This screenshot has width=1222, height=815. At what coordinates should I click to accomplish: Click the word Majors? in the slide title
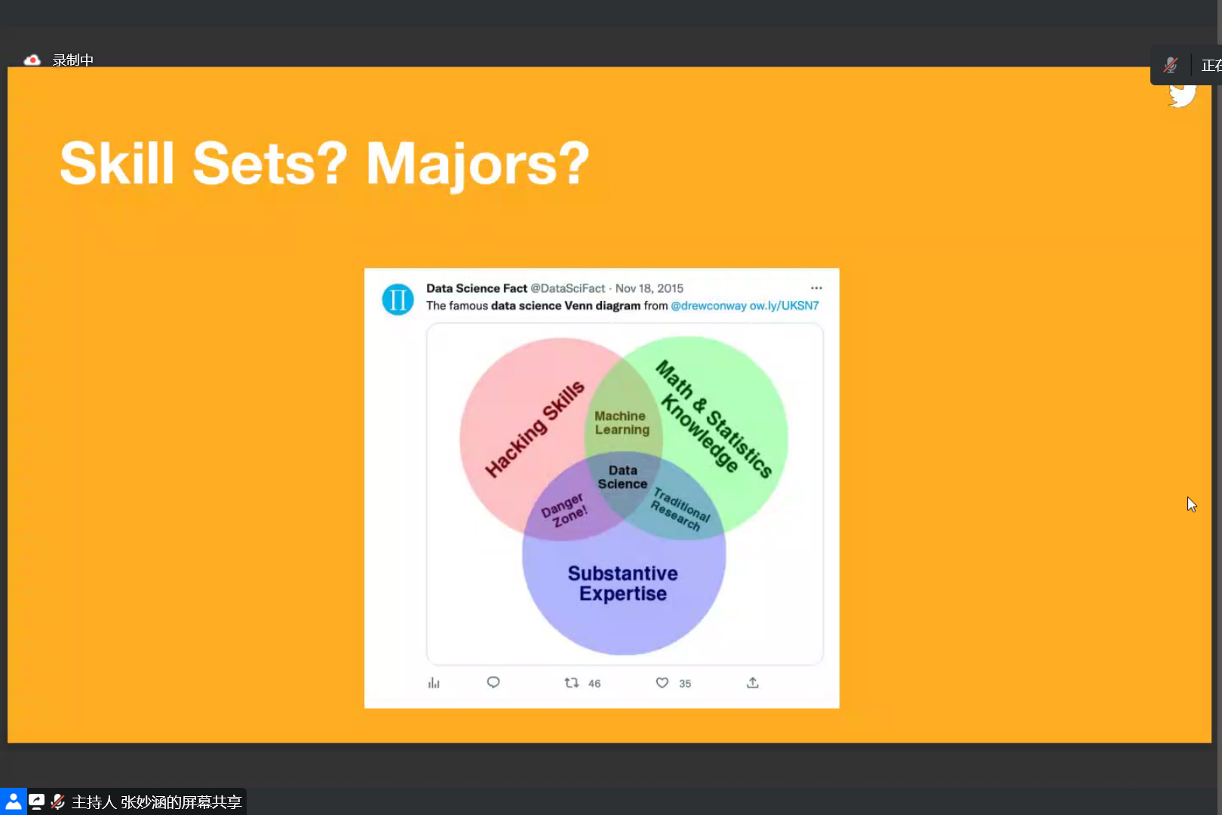pyautogui.click(x=477, y=164)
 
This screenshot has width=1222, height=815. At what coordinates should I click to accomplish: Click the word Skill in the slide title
pyautogui.click(x=117, y=163)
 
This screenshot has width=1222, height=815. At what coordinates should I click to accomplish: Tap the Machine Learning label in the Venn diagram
pyautogui.click(x=622, y=423)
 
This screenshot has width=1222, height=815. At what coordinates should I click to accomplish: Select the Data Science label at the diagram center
pyautogui.click(x=622, y=477)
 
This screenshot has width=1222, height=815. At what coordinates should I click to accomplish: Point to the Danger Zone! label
pyautogui.click(x=564, y=510)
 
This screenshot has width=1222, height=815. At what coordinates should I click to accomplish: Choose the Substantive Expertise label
pyautogui.click(x=622, y=583)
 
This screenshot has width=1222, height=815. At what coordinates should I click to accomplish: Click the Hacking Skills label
pyautogui.click(x=535, y=429)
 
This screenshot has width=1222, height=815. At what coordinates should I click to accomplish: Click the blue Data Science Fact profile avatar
pyautogui.click(x=398, y=299)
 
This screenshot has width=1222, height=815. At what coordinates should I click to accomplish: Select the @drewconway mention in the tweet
pyautogui.click(x=708, y=306)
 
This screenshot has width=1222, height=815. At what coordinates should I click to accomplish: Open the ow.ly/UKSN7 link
pyautogui.click(x=784, y=306)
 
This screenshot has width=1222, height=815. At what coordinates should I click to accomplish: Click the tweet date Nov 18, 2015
pyautogui.click(x=649, y=288)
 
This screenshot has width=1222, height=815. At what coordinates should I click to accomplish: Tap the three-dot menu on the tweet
pyautogui.click(x=816, y=288)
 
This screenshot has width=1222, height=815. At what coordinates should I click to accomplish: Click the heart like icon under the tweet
pyautogui.click(x=662, y=682)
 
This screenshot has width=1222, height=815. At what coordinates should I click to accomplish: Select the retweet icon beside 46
pyautogui.click(x=571, y=682)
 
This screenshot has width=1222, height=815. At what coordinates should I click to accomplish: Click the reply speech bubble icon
pyautogui.click(x=493, y=682)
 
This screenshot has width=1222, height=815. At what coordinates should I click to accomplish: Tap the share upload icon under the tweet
pyautogui.click(x=752, y=682)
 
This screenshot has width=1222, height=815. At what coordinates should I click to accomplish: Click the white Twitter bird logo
pyautogui.click(x=1182, y=96)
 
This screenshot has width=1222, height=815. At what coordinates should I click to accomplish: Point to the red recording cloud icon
pyautogui.click(x=32, y=60)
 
